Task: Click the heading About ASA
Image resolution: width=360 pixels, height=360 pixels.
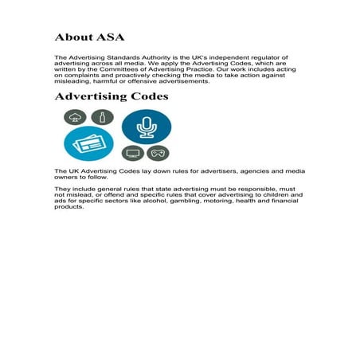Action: [x=89, y=37]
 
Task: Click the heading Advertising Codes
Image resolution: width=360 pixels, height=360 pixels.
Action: [x=111, y=96]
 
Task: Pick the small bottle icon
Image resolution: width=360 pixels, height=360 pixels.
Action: [x=101, y=117]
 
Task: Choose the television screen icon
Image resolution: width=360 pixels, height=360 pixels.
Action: [x=132, y=153]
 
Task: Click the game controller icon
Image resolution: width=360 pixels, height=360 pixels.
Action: [x=158, y=153]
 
